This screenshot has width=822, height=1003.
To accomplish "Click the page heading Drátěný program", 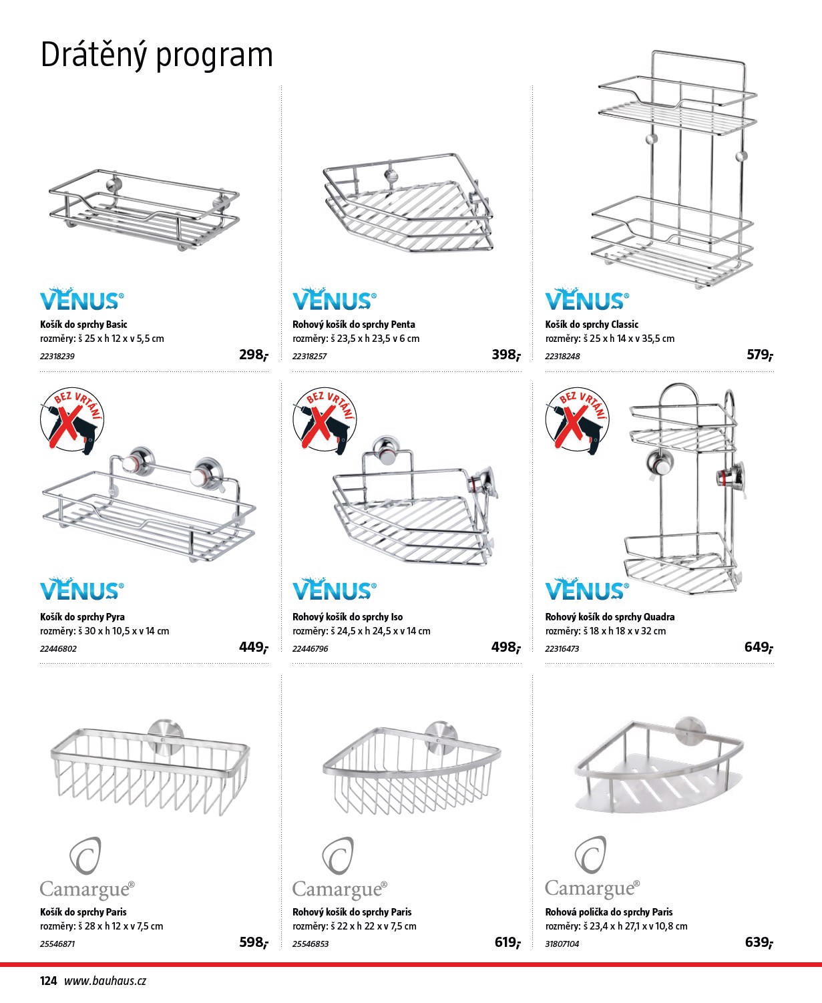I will coord(156,55).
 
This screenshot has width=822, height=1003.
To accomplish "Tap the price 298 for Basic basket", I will coord(253,355).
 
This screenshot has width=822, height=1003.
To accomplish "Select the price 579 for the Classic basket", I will coord(759,355).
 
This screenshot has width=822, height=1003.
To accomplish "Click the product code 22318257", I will coord(310,357).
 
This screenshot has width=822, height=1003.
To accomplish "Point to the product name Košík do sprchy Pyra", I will coord(82,617).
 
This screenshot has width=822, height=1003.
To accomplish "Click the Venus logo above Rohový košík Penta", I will coord(334,300).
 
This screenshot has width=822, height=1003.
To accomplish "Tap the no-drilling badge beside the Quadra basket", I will coord(577,419).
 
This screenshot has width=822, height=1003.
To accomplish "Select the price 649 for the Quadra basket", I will coord(758,647).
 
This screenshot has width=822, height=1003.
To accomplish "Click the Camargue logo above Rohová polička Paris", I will coord(592,867).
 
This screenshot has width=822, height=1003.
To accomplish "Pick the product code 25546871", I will coord(57,944).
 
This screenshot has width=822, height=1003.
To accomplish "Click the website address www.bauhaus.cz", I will coord(105,981).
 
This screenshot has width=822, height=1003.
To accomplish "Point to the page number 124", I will coord(48,981).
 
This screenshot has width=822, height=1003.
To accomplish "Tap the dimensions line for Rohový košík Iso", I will coord(361,631).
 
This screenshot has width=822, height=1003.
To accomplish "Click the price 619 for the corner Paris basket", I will coord(507,942).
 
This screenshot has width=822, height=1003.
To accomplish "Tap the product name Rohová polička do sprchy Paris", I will coord(608,912).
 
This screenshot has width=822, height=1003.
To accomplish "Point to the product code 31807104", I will coord(562,944).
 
